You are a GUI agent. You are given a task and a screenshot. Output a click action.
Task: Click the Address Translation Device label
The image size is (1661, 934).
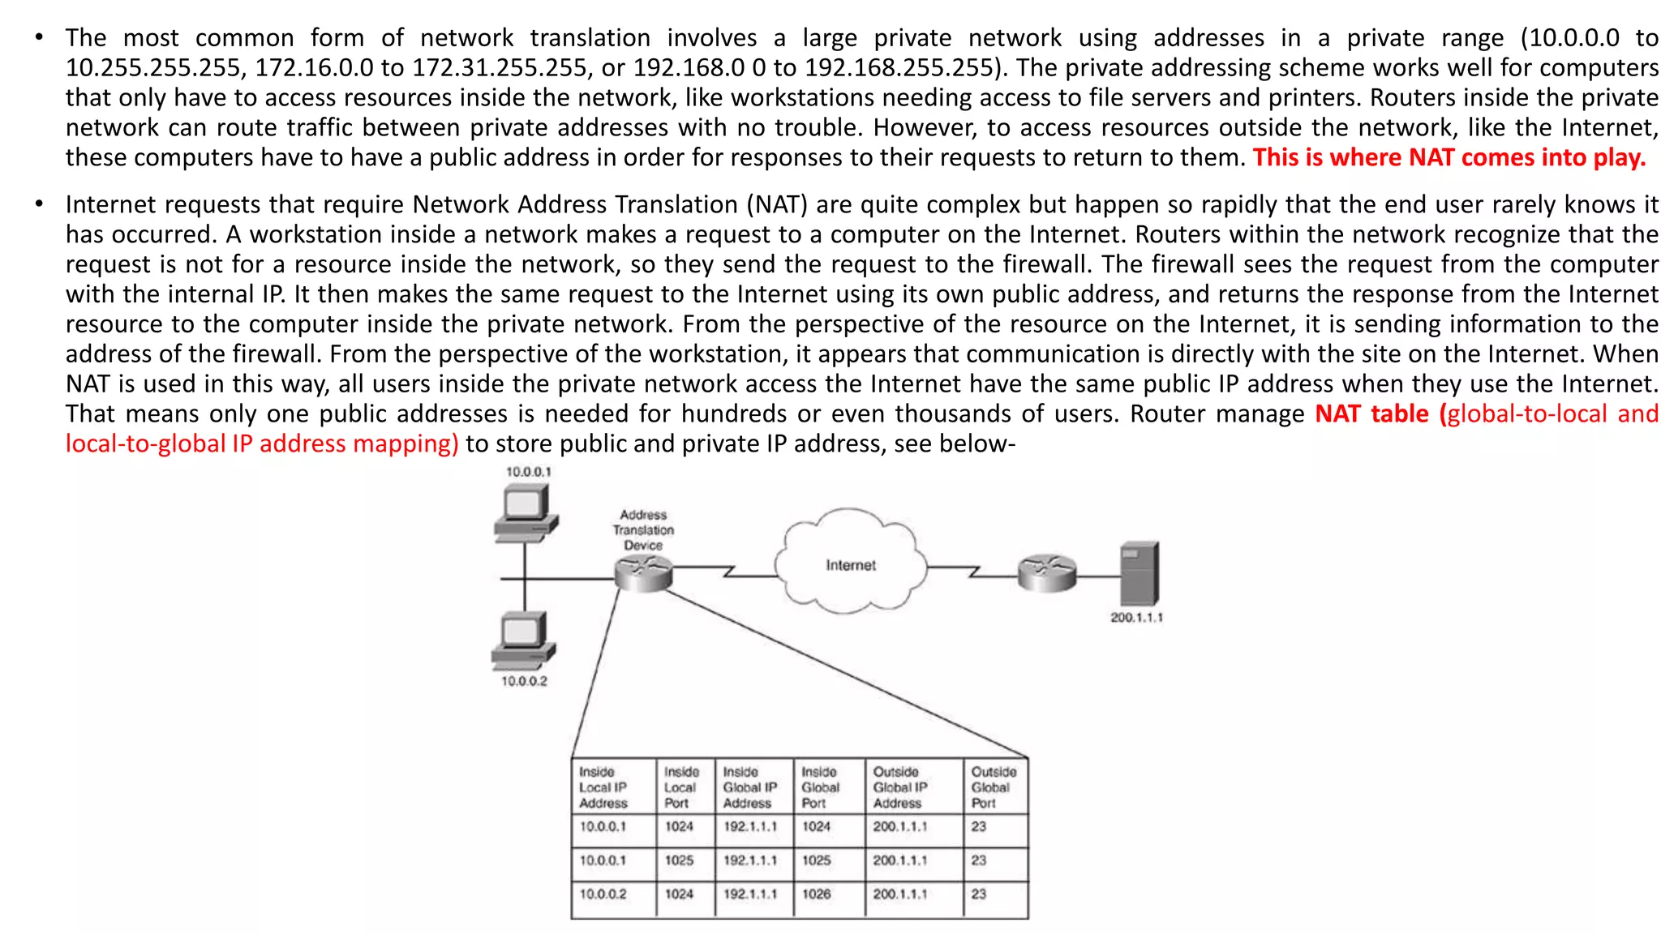[643, 529]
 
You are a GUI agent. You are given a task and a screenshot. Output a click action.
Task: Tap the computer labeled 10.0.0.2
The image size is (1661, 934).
[524, 641]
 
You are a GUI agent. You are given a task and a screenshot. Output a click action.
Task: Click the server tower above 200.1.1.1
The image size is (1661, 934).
[1139, 573]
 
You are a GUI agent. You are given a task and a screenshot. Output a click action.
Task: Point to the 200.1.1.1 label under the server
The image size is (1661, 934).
[1136, 617]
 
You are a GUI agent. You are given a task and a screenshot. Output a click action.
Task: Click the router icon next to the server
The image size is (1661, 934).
[1047, 573]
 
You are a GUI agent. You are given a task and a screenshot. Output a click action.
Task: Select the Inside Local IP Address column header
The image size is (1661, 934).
[603, 787]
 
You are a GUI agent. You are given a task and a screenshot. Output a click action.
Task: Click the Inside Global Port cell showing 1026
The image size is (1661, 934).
[817, 893]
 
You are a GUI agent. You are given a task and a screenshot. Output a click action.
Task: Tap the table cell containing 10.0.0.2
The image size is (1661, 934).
[603, 893]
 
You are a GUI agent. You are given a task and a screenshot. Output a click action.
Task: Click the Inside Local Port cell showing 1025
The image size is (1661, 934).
[680, 860]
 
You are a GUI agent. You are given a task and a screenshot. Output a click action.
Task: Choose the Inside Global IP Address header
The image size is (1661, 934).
[749, 787]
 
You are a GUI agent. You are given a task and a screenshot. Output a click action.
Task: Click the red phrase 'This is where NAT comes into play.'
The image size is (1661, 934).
[1449, 157]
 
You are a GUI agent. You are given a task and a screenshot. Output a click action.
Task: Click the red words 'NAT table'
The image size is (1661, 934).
[1371, 413]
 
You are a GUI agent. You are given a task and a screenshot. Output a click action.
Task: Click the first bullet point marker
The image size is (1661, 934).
[38, 37]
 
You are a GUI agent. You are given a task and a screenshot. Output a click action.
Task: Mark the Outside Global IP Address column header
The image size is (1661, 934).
[899, 787]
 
